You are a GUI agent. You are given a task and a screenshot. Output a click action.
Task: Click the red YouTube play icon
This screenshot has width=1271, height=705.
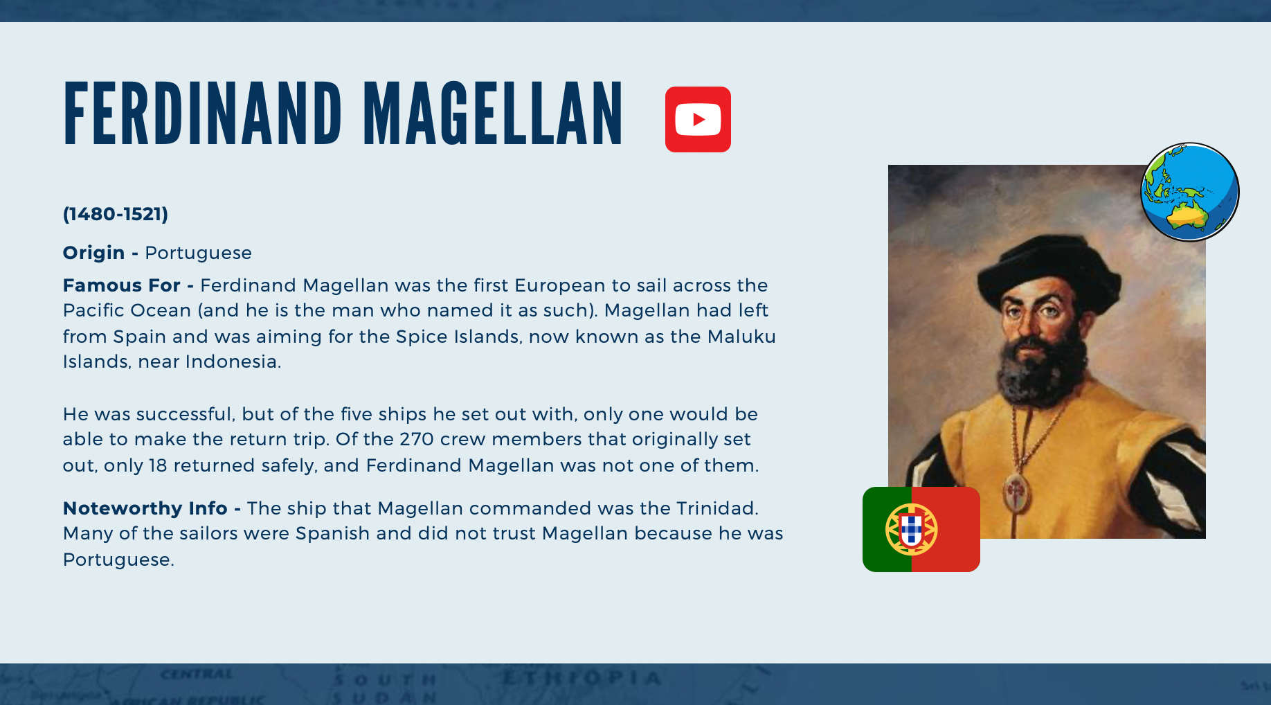click(x=698, y=119)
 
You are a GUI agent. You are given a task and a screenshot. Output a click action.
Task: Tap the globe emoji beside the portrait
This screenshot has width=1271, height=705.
click(x=1189, y=192)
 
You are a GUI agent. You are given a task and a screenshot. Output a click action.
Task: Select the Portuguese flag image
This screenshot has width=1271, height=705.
click(x=921, y=529)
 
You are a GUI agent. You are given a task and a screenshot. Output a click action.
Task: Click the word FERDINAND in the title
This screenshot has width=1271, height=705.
click(x=203, y=114)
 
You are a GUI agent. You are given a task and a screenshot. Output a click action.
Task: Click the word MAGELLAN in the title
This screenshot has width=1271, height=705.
click(x=494, y=114)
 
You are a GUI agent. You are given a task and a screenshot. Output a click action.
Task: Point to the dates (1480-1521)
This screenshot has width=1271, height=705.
click(x=116, y=214)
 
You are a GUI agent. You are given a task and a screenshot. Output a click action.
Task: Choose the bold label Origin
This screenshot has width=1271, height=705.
click(x=94, y=253)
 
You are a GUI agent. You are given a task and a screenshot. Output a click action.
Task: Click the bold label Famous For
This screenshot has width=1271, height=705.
click(x=122, y=285)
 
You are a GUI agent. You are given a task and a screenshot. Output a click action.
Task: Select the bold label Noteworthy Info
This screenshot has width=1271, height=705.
click(x=145, y=508)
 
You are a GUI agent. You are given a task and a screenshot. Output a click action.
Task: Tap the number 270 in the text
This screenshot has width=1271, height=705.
click(x=417, y=439)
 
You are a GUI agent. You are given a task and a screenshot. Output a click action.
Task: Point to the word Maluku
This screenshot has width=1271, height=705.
click(x=741, y=337)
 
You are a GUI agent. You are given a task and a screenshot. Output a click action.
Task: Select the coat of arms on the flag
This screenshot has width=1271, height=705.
click(x=912, y=529)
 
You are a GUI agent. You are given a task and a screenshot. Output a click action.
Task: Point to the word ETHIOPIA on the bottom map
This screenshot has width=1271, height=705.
click(x=582, y=678)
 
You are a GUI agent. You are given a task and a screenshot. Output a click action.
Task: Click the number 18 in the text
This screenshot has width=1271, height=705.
click(x=158, y=465)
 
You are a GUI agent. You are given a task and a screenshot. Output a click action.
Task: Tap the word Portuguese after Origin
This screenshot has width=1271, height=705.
click(x=198, y=253)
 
